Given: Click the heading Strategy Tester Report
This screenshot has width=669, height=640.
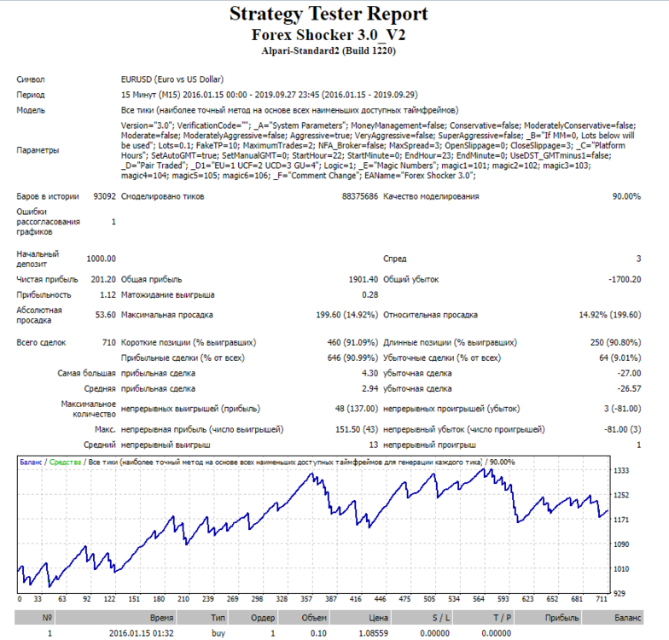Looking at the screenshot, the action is (x=329, y=14).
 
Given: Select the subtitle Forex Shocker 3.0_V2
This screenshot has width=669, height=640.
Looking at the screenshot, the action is (x=329, y=34).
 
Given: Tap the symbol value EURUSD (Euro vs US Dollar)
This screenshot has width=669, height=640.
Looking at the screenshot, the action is (x=172, y=79).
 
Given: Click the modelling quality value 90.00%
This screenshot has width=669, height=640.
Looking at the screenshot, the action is (x=626, y=196).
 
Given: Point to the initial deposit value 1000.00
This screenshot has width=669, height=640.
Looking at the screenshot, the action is (x=101, y=259).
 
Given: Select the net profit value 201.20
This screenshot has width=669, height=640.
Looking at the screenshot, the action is (x=103, y=280).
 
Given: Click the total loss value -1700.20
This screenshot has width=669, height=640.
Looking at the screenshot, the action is (x=625, y=280).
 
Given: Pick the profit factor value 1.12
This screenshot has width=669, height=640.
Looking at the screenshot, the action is (x=108, y=295).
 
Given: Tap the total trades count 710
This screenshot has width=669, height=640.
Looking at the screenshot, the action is (x=109, y=343).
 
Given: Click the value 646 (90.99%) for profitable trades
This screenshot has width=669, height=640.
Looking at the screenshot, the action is (x=352, y=358).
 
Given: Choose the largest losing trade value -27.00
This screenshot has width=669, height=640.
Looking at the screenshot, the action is (x=629, y=374).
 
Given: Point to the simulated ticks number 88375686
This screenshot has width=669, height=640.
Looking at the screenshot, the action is (x=360, y=196).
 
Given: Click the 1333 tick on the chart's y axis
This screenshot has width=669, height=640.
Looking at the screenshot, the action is (x=621, y=470).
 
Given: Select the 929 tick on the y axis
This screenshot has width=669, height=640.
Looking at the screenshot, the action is (x=620, y=593).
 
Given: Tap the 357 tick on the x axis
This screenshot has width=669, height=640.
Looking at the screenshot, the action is (x=306, y=599).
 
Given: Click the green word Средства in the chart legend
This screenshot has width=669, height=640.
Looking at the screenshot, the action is (x=65, y=463).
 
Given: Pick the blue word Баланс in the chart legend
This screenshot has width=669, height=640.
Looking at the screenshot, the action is (x=31, y=463).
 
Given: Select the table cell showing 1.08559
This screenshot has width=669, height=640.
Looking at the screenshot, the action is (x=374, y=633).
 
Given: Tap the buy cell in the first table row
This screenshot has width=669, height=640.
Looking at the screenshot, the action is (x=218, y=633).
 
